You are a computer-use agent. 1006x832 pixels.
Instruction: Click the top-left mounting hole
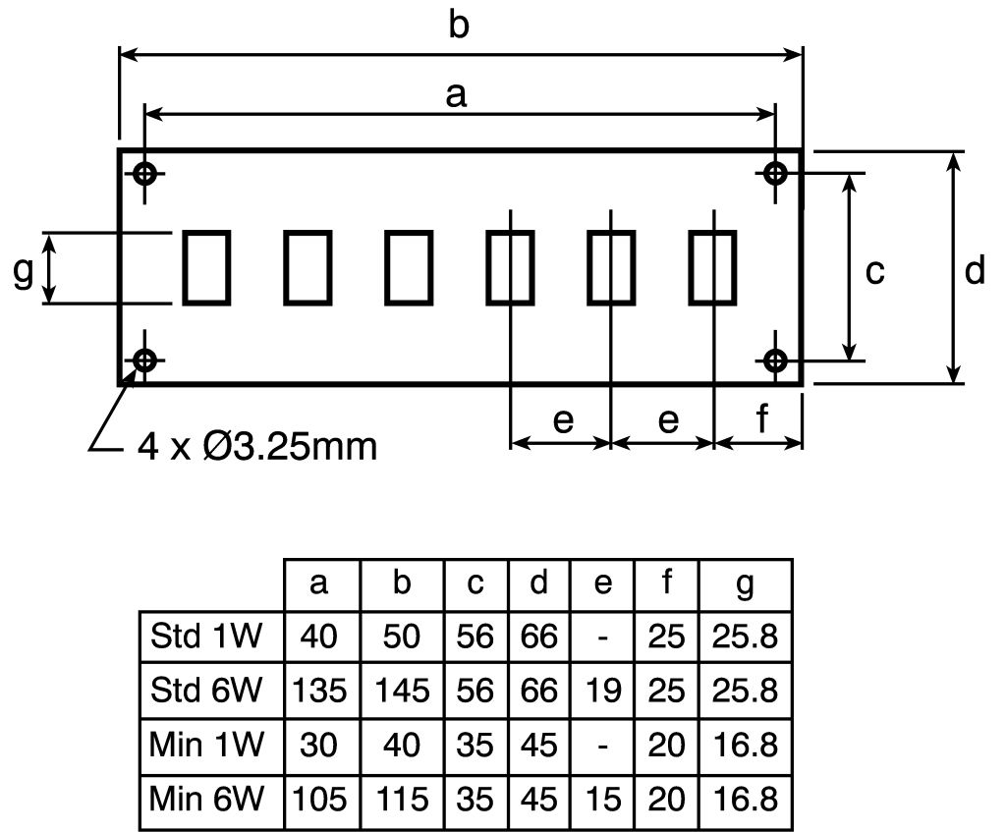145,175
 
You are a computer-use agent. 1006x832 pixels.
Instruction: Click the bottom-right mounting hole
776,360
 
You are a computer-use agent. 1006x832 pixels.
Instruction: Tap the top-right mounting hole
776,175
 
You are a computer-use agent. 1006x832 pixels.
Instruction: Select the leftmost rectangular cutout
206,267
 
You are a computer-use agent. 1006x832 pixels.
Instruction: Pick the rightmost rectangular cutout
712,267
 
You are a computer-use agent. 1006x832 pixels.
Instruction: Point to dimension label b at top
459,27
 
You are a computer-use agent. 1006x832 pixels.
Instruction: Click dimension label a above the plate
455,94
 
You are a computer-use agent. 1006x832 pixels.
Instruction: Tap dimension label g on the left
23,271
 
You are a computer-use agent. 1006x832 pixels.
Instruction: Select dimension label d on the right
974,270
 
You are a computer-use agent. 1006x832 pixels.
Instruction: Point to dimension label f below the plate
762,419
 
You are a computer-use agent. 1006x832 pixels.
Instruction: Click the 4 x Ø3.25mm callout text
257,447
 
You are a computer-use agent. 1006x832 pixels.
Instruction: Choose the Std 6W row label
206,691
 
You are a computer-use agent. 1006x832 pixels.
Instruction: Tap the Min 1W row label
206,745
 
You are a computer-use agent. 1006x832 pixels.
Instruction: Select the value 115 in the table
401,799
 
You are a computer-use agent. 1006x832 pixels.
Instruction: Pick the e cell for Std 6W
603,691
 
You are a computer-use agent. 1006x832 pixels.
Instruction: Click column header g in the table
745,583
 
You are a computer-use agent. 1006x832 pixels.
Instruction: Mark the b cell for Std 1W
401,637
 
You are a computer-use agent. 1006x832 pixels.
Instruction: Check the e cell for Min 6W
603,799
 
